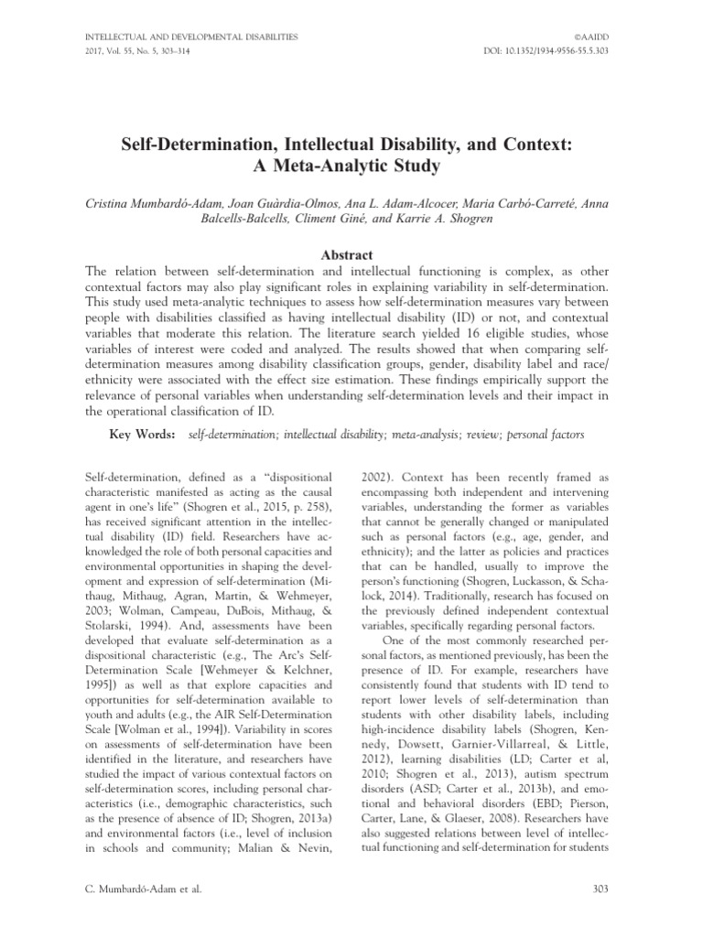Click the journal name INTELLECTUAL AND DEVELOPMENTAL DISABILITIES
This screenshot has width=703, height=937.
190,37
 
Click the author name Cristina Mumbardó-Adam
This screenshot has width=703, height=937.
160,203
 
